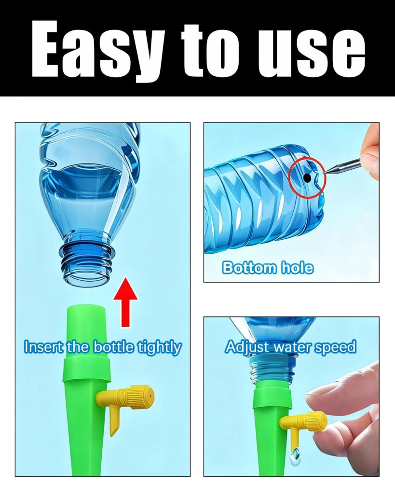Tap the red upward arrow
coord(126,302)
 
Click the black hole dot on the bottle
coord(308,178)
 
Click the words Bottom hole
coord(268,268)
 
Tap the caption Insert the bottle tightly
coord(103,347)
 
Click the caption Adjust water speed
coord(290,347)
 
